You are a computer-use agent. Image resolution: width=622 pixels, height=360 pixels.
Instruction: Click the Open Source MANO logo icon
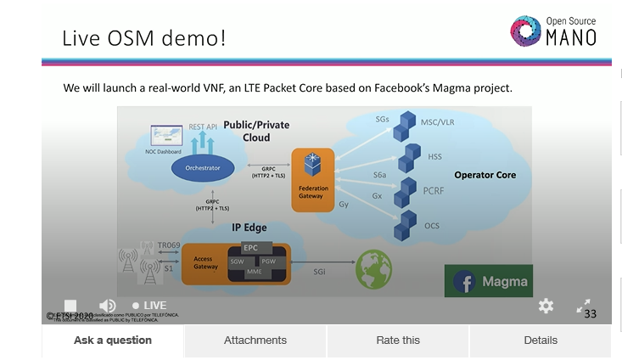526,31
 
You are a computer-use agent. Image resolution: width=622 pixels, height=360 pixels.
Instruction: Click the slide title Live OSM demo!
144,38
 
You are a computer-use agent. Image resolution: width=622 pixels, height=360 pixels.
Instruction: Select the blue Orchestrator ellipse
202,168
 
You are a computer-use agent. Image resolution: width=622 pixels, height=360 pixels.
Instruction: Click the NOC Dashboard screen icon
166,136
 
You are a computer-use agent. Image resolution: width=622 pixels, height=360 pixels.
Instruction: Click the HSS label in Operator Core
434,157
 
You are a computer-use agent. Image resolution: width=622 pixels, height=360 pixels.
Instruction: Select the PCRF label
434,192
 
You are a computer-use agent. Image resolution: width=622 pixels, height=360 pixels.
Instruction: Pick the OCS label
432,226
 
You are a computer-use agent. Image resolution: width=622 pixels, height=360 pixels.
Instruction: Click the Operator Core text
485,175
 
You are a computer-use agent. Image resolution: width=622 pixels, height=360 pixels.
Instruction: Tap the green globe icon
373,267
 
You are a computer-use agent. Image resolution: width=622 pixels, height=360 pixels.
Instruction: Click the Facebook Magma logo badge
488,281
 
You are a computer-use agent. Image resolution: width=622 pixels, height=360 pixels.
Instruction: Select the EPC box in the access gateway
251,248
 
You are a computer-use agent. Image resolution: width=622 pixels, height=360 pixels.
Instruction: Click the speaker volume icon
107,306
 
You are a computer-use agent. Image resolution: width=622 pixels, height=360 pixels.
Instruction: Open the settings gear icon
546,306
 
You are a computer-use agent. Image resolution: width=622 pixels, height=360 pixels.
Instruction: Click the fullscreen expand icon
584,306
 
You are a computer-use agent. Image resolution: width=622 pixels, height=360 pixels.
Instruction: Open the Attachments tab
255,340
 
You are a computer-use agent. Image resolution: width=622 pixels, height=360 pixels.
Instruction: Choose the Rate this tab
398,340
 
